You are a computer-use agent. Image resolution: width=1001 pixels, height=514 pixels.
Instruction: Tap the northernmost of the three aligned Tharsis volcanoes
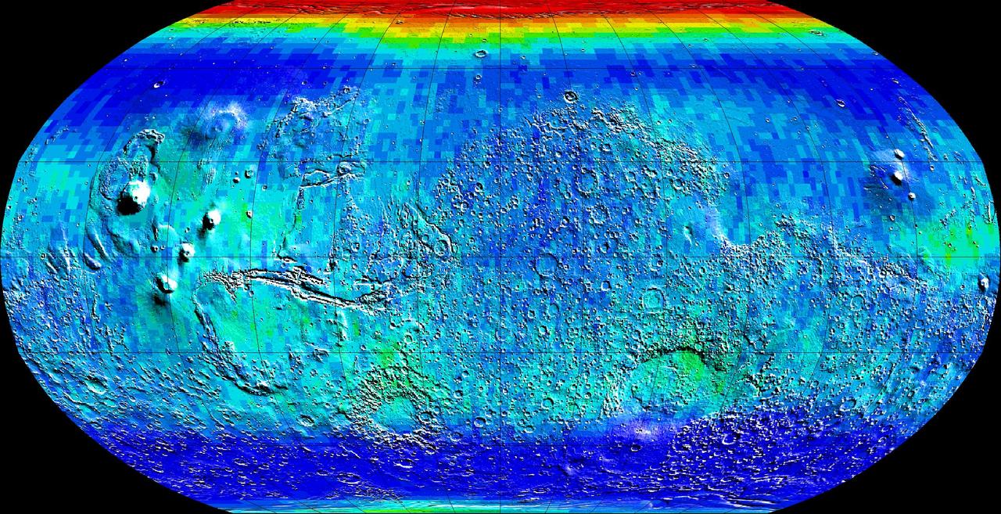pos(211,219)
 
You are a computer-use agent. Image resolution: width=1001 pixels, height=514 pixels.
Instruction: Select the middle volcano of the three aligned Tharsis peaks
pos(187,251)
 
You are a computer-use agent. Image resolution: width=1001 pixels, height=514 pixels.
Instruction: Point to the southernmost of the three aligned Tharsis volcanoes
pos(166,282)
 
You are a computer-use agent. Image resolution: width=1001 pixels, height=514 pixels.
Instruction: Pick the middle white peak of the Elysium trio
pos(898,177)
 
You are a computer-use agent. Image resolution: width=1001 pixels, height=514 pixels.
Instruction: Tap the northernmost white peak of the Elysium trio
pos(899,154)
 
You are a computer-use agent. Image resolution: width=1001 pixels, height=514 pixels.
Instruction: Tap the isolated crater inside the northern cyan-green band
pos(480,54)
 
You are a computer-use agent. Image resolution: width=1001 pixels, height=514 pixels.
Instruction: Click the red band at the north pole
pos(500,9)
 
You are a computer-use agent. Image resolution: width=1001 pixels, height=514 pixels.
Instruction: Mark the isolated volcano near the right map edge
pos(984,282)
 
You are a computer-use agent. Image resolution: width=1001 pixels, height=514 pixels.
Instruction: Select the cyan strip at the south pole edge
pos(500,506)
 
